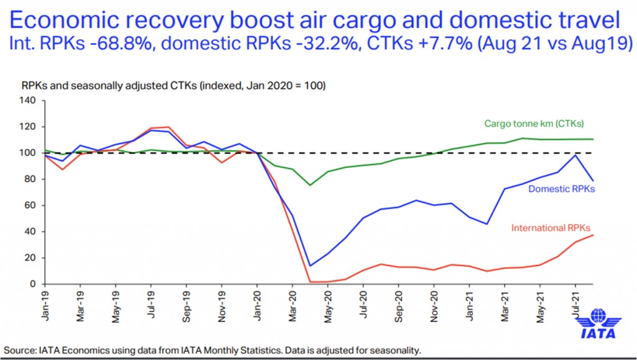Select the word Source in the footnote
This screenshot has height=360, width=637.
[x=19, y=350]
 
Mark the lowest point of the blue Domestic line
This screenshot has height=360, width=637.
[x=310, y=266]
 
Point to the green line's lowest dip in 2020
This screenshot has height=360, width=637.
[x=310, y=185]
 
